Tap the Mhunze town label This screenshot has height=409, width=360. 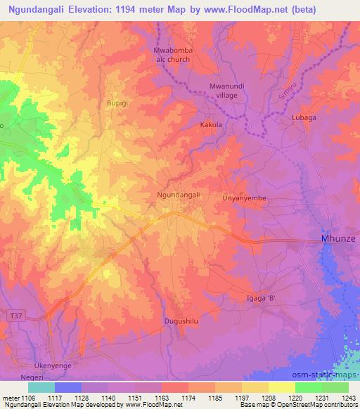coord(340,239)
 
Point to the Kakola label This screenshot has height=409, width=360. coord(210,124)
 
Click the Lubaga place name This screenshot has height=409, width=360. coord(304,118)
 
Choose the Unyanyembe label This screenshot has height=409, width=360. coord(245,198)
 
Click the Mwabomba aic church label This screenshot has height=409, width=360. coord(173,55)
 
